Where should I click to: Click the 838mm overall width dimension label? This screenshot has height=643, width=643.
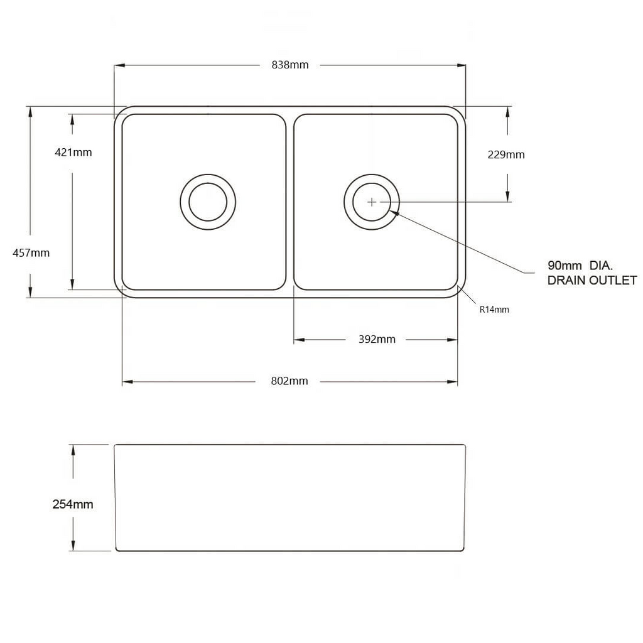(x=289, y=65)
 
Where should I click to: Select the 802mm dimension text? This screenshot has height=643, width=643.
(x=289, y=381)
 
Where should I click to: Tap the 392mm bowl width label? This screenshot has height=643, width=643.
(x=377, y=340)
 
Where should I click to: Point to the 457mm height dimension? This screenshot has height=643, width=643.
(x=31, y=253)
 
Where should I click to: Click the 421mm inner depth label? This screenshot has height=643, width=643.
(x=73, y=152)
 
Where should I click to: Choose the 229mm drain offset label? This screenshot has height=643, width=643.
(x=506, y=154)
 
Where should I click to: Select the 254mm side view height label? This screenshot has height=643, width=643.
(x=73, y=504)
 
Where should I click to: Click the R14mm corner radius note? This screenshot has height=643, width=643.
(x=494, y=309)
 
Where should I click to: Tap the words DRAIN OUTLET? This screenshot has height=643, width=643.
(x=592, y=281)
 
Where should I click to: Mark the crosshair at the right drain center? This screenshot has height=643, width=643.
(x=372, y=202)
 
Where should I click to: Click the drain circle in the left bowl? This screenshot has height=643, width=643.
(x=208, y=202)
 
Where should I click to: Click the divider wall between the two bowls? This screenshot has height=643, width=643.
(x=289, y=202)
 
